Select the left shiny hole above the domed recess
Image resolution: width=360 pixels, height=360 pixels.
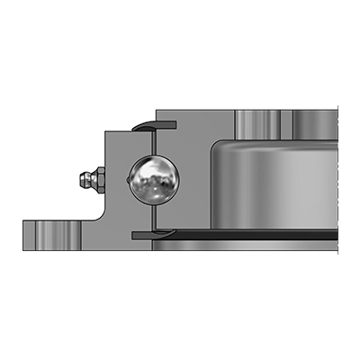point(254,121)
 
